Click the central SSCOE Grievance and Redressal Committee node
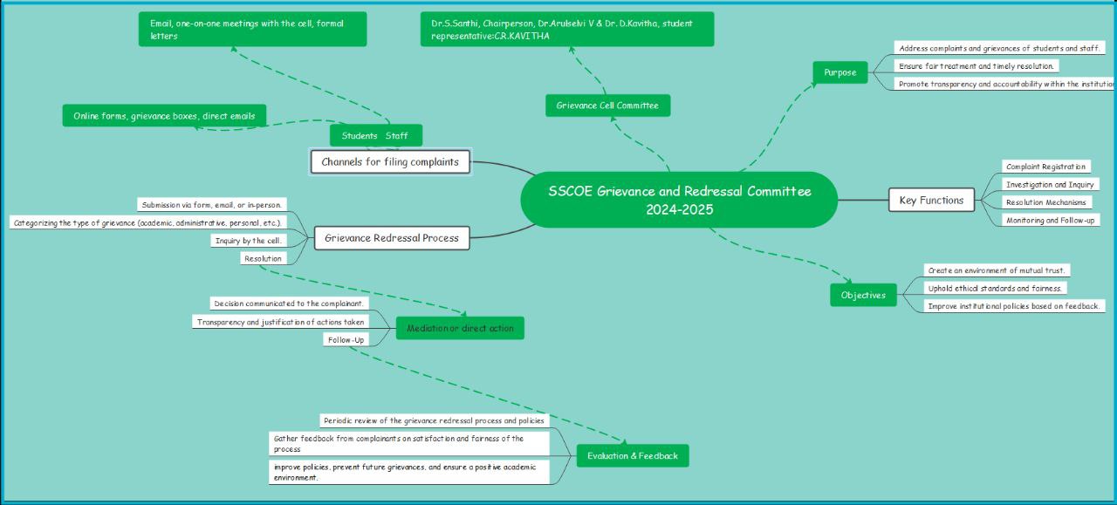pos(679,200)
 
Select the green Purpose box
pos(839,72)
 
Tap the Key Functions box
pos(931,200)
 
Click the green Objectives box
pos(863,295)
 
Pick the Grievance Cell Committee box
pos(607,106)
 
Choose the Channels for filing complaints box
pos(390,161)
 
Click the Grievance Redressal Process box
pos(391,237)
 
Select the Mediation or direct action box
pos(460,328)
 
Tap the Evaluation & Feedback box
pos(632,455)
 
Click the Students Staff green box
pos(375,135)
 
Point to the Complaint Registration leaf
pos(1045,167)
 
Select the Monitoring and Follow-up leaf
pos(1050,221)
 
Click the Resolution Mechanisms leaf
pos(1045,202)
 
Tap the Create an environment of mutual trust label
pos(998,270)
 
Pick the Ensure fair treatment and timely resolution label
pos(977,65)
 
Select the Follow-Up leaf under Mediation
pos(346,339)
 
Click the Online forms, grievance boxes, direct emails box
pos(164,115)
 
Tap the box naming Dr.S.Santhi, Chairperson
pos(566,29)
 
